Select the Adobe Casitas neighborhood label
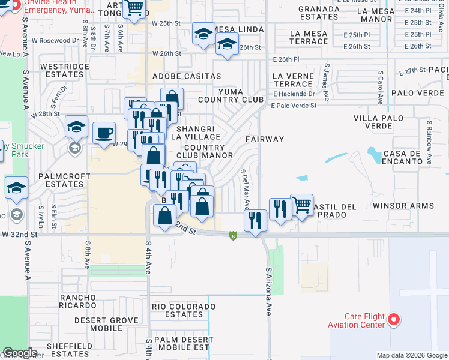(187, 76)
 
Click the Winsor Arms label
(403, 206)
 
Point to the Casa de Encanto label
(399, 157)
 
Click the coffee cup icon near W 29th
(104, 132)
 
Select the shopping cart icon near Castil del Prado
(301, 205)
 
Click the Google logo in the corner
(20, 353)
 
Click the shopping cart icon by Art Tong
(135, 8)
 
